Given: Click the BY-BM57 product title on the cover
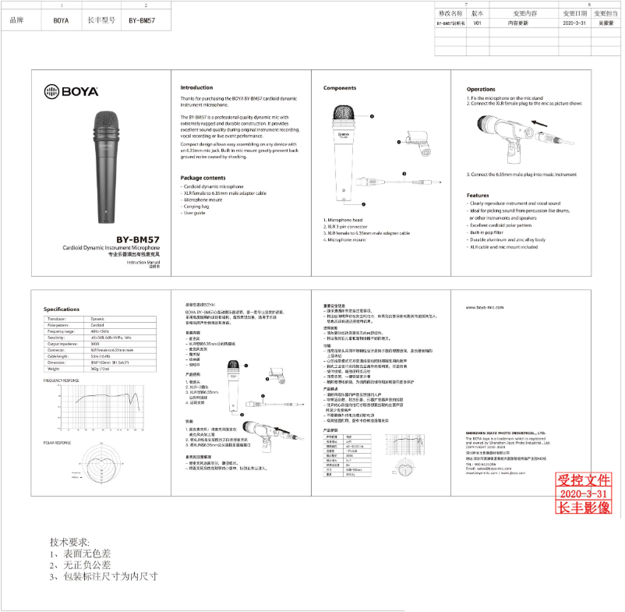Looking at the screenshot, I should [x=138, y=239].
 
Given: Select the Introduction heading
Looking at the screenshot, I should [x=196, y=87].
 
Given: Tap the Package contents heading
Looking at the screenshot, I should [x=203, y=178].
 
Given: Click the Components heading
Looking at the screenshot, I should [x=340, y=87].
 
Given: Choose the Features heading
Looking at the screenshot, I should [x=478, y=196].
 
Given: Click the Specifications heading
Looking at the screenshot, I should [x=62, y=310].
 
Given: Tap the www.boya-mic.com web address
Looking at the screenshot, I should [x=486, y=309].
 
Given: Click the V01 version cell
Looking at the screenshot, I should [x=478, y=24].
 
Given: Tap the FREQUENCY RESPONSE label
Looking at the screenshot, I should [x=62, y=380].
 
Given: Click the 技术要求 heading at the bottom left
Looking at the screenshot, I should [x=69, y=542].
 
